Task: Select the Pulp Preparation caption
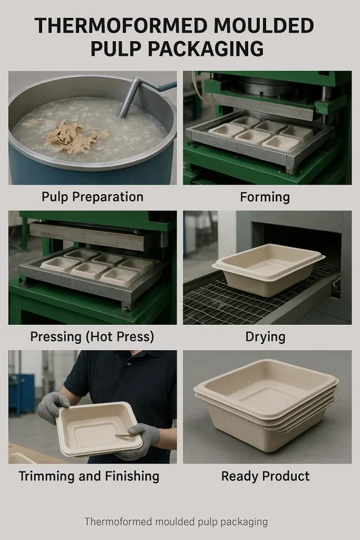[x=92, y=197]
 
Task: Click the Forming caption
[x=265, y=197]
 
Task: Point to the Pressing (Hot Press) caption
[x=92, y=336]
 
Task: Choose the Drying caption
[x=266, y=336]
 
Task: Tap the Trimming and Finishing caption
[x=89, y=476]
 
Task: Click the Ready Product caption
[x=265, y=476]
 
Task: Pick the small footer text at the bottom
[x=176, y=522]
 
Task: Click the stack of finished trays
[x=266, y=403]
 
